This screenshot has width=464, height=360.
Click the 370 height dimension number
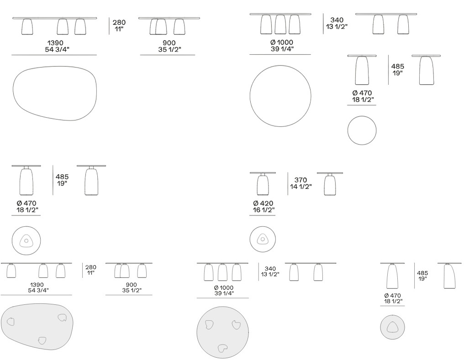pos(301,180)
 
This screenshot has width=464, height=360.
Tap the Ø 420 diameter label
pos(263,203)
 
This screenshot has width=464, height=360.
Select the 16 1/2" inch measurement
pos(264,210)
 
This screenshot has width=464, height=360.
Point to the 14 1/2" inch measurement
pos(301,187)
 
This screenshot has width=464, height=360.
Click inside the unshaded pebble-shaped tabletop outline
pos(55,94)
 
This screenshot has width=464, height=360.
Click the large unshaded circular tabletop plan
pos(280,96)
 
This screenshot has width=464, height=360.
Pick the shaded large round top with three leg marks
pos(222,332)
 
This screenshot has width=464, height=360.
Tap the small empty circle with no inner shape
pos(362,130)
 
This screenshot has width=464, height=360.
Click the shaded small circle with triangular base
pos(392,327)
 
